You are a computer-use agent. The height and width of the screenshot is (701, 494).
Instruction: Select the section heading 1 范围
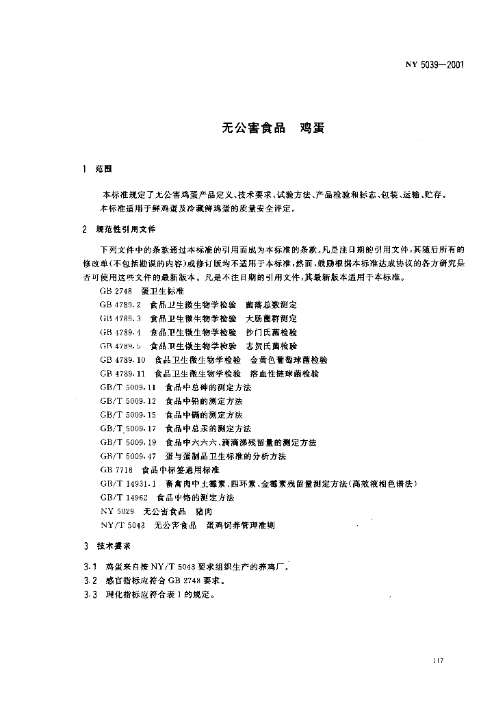tap(96, 168)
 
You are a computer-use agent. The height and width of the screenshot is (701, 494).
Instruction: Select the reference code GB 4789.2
tap(120, 304)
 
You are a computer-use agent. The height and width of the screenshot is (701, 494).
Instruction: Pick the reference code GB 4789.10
tap(122, 359)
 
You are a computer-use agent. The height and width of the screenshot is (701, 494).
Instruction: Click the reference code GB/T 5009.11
tap(129, 387)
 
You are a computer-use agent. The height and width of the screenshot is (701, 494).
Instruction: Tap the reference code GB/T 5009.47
tap(129, 456)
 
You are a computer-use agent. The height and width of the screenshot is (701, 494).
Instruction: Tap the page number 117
tap(439, 660)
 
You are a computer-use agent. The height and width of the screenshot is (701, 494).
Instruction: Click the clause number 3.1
tap(88, 567)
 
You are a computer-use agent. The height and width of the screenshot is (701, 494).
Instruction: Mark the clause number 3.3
tap(88, 595)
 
